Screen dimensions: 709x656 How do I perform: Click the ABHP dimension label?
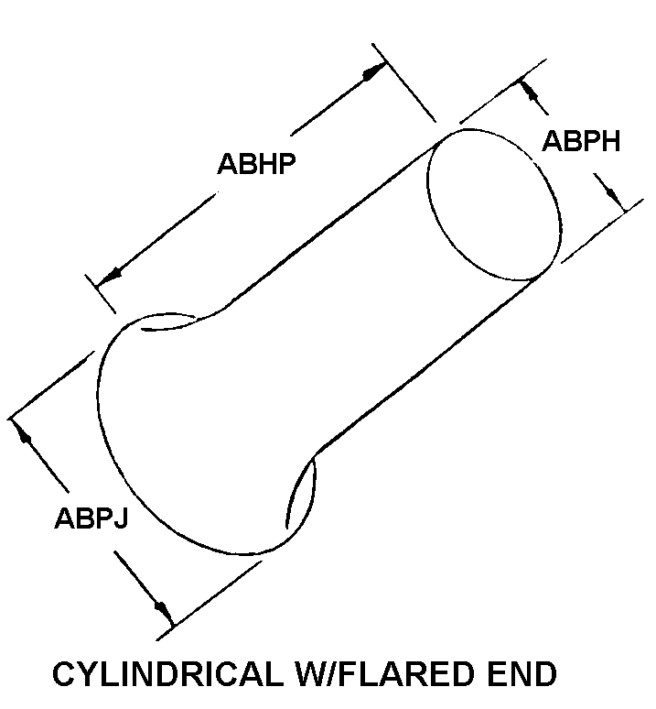pyautogui.click(x=261, y=165)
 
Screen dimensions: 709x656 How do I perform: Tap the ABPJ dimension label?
pyautogui.click(x=91, y=519)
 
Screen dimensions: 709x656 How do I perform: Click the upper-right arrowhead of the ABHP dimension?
pyautogui.click(x=374, y=72)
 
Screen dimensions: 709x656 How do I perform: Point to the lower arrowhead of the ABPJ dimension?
pyautogui.click(x=162, y=607)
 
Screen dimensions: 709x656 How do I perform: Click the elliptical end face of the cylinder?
pyautogui.click(x=492, y=204)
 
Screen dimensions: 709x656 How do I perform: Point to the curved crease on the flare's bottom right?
pyautogui.click(x=302, y=495)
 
